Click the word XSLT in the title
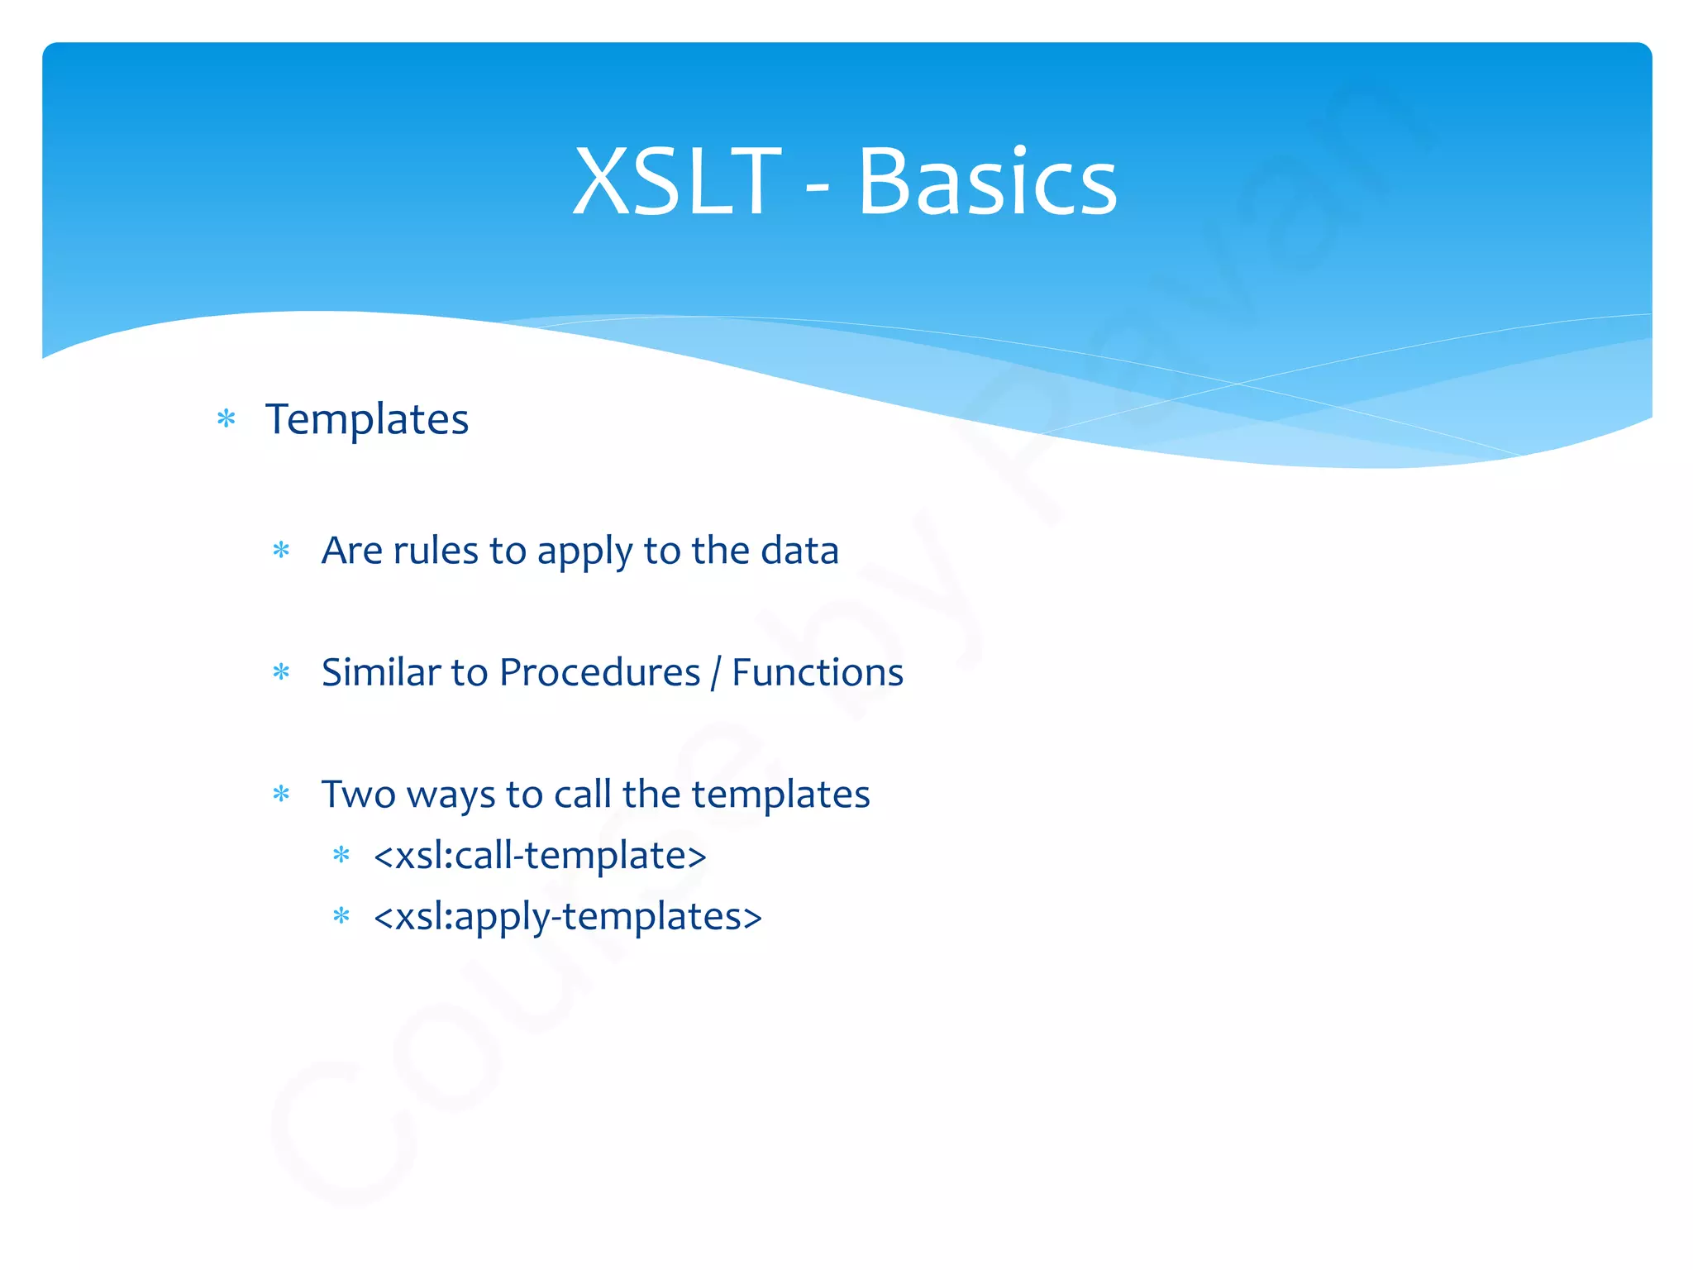(x=676, y=182)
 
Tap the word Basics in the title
(x=987, y=182)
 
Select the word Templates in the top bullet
(x=367, y=419)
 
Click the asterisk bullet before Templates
(x=226, y=418)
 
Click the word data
(x=799, y=551)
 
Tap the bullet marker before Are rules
(x=281, y=550)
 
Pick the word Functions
(x=818, y=672)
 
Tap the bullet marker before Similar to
(x=281, y=672)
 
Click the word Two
(x=359, y=795)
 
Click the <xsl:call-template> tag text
(x=540, y=855)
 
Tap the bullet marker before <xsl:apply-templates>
(x=341, y=915)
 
